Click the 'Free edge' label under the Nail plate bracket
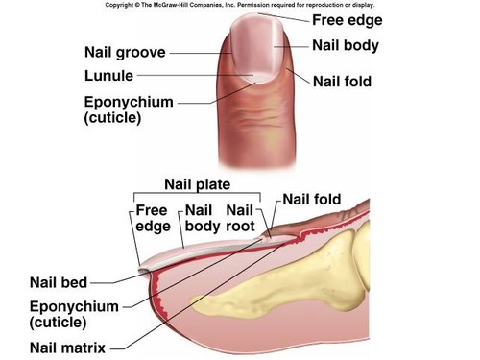pos(152,218)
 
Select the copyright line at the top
pos(241,5)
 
